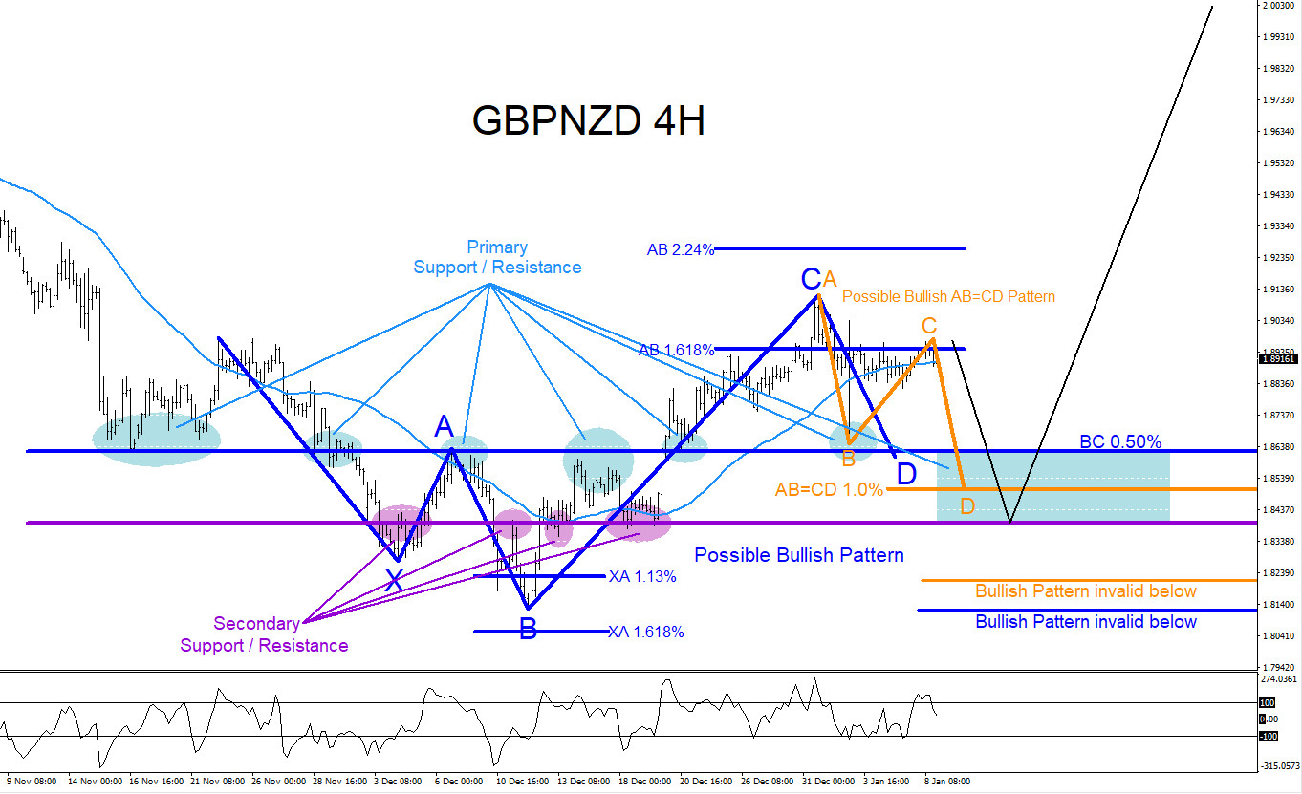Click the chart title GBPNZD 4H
(589, 121)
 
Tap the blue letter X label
(394, 579)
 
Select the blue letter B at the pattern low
(528, 629)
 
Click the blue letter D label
(906, 473)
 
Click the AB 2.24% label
(681, 250)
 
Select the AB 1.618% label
(676, 350)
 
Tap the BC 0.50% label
(1120, 441)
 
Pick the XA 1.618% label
(646, 632)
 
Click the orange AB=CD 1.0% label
(829, 490)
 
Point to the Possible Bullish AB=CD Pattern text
(948, 296)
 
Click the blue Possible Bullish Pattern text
(799, 555)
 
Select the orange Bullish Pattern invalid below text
(1086, 591)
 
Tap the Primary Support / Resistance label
(497, 258)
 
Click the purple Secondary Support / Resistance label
(264, 634)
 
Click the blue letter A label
(444, 426)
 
